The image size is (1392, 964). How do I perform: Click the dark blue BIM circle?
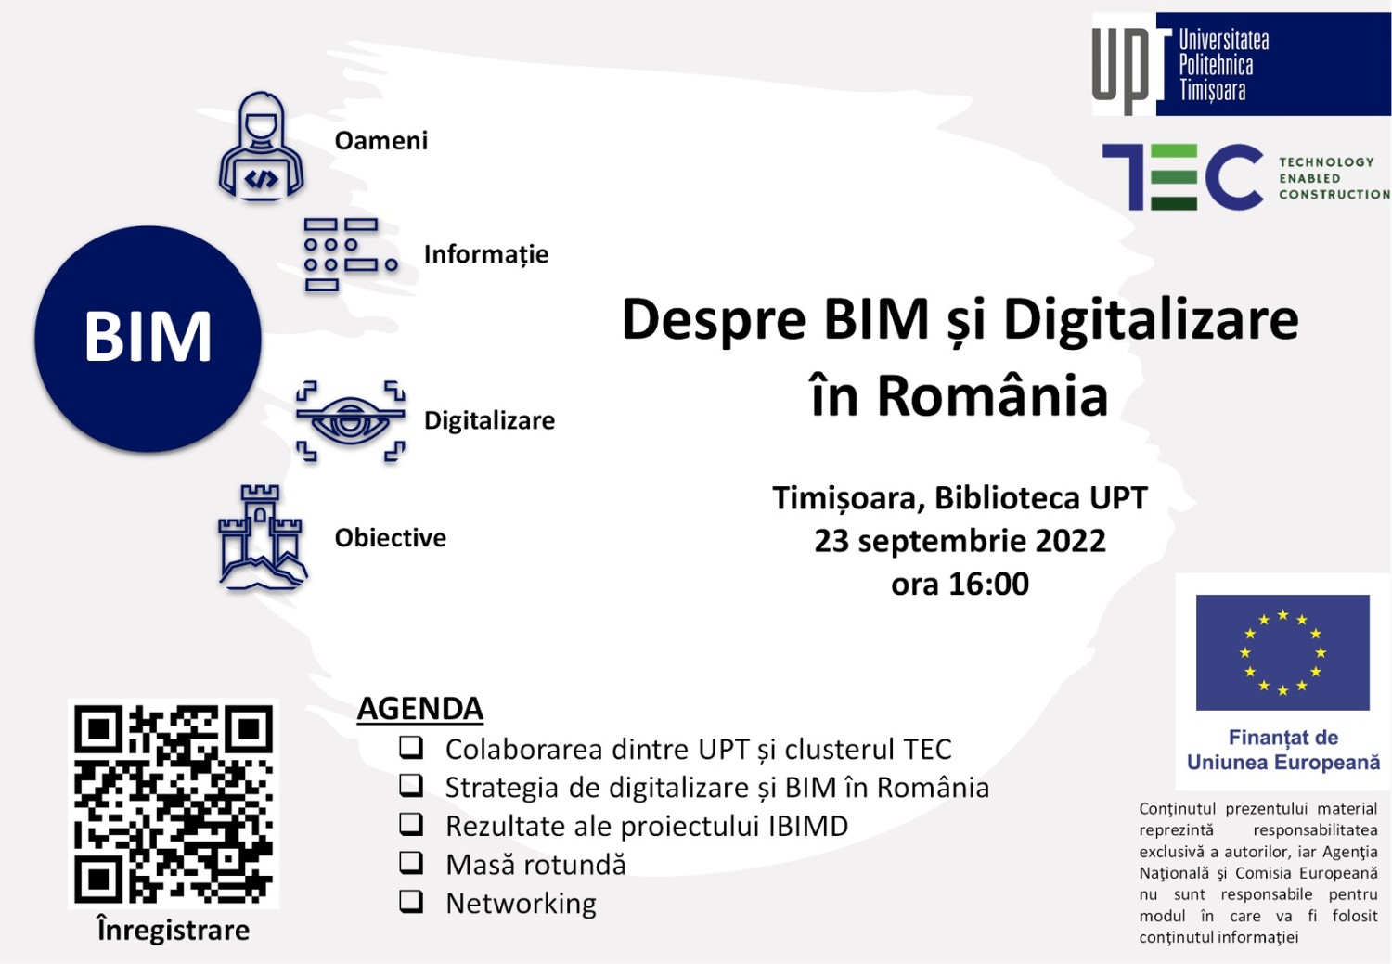tap(148, 339)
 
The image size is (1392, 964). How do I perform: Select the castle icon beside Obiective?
tap(262, 536)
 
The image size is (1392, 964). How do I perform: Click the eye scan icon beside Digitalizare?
tap(351, 420)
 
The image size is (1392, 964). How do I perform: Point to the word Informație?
tap(486, 254)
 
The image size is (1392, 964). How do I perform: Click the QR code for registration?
tap(174, 803)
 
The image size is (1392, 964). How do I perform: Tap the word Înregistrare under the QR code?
tap(174, 930)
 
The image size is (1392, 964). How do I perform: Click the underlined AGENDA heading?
tap(420, 709)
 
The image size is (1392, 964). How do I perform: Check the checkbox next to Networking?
tap(411, 902)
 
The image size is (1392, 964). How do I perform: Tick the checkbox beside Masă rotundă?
tap(411, 863)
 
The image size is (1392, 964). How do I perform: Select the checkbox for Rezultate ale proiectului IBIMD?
tap(411, 824)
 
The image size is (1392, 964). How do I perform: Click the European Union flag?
tap(1282, 652)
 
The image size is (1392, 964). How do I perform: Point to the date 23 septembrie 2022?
tap(960, 540)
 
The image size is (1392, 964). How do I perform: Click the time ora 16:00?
tap(960, 584)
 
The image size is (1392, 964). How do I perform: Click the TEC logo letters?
tap(1182, 177)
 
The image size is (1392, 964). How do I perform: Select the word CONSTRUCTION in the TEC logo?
tap(1334, 195)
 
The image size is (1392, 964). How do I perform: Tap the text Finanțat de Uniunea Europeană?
tap(1283, 750)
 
